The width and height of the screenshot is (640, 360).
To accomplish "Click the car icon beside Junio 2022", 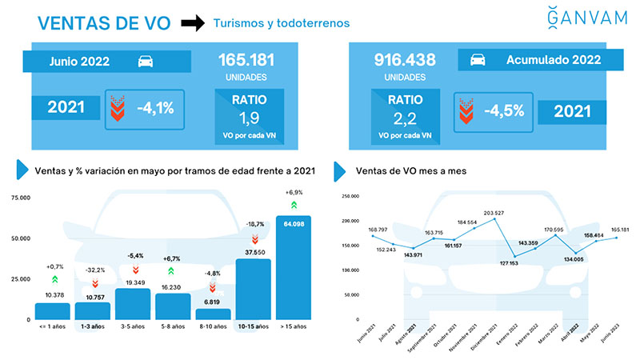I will [x=147, y=62].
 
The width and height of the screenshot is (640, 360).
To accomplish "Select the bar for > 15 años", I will [x=293, y=267].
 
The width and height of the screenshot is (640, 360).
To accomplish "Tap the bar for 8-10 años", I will [x=213, y=314].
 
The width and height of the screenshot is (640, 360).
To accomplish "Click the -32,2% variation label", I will [x=94, y=270].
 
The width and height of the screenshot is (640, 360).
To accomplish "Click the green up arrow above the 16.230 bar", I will [x=172, y=271].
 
